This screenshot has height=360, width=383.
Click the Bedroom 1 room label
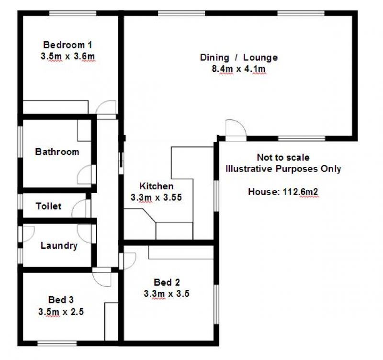point(68,45)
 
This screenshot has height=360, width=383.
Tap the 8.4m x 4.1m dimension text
point(238,69)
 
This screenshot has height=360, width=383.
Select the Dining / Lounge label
point(238,58)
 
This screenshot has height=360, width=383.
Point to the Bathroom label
point(57,152)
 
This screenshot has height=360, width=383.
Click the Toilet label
point(48,206)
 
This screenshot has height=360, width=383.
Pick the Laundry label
point(59,245)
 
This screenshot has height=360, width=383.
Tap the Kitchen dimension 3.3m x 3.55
point(157,197)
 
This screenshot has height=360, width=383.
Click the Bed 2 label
point(167,282)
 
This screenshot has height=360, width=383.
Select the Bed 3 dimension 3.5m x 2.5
point(61,312)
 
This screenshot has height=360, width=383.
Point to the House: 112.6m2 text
point(283,192)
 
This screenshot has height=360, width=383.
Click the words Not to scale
point(283,157)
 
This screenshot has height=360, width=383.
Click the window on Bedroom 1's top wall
point(73,13)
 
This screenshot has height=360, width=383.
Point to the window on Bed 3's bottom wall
point(57,343)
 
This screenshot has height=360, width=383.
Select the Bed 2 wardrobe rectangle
point(181,252)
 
